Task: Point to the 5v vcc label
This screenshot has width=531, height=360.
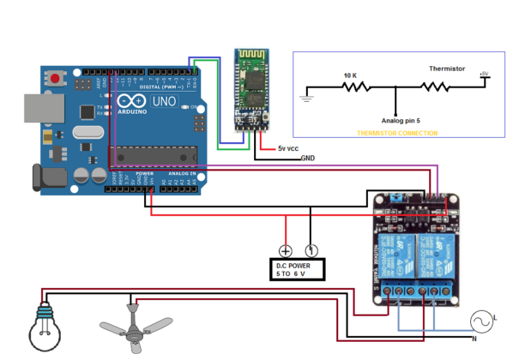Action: click(x=287, y=148)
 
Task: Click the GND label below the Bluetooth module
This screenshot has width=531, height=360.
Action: click(x=307, y=159)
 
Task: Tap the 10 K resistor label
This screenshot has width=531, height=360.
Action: click(x=351, y=75)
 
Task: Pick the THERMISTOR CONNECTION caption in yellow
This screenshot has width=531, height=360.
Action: click(x=397, y=134)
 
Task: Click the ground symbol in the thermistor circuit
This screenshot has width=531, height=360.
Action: click(x=304, y=98)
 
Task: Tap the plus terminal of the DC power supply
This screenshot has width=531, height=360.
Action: click(x=285, y=251)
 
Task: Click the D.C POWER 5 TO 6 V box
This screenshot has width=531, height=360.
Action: click(x=299, y=270)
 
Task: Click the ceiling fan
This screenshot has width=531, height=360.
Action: click(x=135, y=328)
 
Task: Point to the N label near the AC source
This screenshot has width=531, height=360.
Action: click(x=474, y=340)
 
